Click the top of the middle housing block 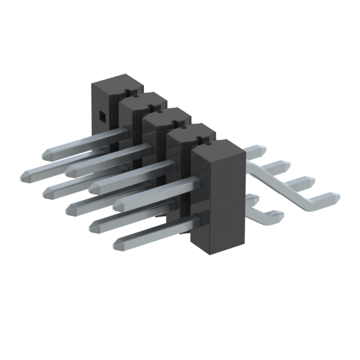coord(167,112)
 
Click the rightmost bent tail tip coord(335,198)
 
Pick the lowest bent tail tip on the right coord(278,214)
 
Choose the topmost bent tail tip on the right coord(260,150)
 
